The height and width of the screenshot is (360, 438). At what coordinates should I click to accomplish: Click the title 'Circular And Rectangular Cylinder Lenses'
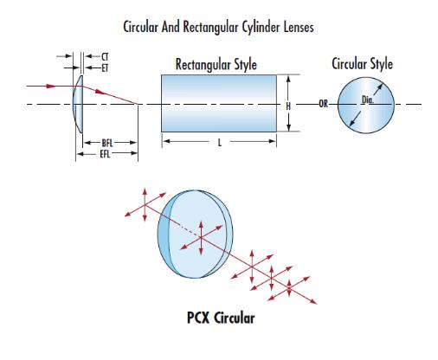point(218,28)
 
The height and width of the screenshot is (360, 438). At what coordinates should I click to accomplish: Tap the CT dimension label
point(105,56)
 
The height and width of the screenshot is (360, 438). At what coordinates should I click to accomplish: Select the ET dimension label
point(105,68)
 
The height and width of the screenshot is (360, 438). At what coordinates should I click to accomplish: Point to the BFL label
point(107,143)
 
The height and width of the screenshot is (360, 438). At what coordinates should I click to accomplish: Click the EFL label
point(105,154)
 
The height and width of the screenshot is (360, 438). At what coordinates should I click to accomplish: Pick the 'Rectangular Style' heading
point(216,64)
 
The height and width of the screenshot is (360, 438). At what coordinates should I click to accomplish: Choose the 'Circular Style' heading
point(362,64)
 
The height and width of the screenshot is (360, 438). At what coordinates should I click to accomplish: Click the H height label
point(288,106)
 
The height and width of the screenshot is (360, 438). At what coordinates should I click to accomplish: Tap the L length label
point(220,142)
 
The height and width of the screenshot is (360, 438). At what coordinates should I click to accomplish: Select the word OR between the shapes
point(323,104)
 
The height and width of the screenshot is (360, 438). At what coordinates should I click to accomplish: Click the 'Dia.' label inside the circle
point(367,100)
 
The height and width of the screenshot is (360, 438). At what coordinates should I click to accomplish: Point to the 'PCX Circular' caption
point(221,318)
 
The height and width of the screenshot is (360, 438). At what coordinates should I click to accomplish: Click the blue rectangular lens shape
point(219,103)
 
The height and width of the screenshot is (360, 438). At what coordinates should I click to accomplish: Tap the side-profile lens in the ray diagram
point(78,104)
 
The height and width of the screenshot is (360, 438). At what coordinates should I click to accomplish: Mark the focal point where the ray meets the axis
point(138,104)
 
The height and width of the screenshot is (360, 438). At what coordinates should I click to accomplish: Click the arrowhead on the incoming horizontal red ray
point(51,86)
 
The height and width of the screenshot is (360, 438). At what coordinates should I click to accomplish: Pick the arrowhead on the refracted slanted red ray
point(100,92)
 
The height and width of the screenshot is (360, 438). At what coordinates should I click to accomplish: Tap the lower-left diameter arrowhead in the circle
point(352,123)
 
